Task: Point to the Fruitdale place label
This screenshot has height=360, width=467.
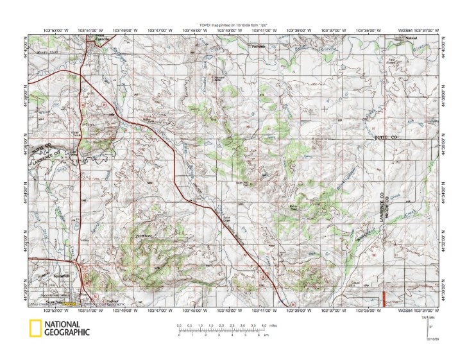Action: coord(258,46)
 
